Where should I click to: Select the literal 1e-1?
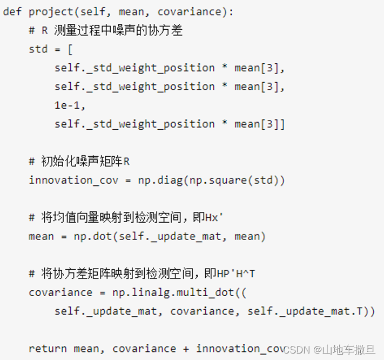70,105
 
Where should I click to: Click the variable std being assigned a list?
38,49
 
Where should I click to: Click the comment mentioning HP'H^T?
142,274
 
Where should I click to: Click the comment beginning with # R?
106,31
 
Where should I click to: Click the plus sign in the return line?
186,349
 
